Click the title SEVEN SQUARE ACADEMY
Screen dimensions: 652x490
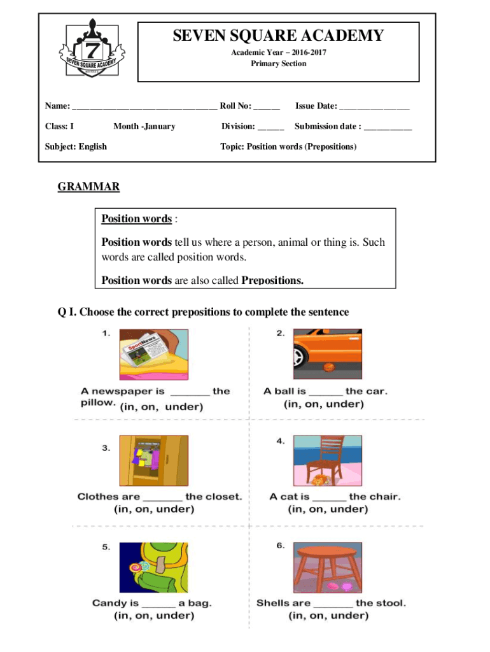pos(278,36)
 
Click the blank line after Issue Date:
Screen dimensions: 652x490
pos(374,106)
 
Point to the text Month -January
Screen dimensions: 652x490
pos(144,126)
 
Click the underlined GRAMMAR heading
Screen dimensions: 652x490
pos(88,187)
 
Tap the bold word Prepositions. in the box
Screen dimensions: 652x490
pos(272,280)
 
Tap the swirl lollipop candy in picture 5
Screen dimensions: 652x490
pos(137,566)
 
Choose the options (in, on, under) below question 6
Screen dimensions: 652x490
pos(328,616)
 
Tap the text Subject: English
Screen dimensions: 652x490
pos(76,146)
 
